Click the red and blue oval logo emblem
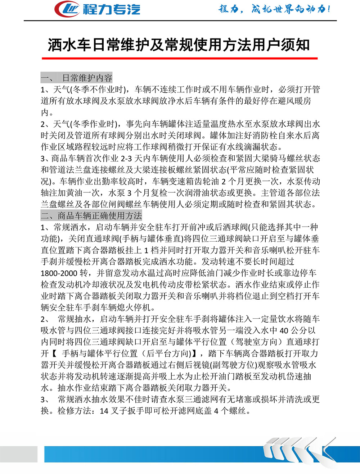coord(67,9)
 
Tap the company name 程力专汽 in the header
coord(112,9)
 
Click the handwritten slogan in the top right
coord(274,9)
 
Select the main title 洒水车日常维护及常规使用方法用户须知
coord(179,45)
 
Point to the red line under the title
coord(180,58)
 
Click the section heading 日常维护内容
coord(87,78)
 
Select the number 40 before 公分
coord(284,331)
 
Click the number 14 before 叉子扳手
coord(104,411)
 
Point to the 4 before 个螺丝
coord(216,411)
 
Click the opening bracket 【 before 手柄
coord(54,354)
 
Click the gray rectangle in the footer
coord(19,454)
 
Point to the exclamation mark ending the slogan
coord(328,9)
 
